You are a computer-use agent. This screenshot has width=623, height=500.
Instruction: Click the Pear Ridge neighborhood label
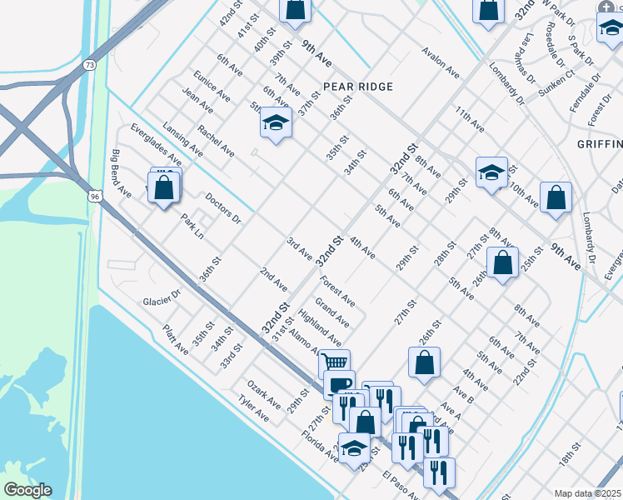(x=357, y=86)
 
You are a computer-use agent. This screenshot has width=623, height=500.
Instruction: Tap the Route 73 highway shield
(x=89, y=64)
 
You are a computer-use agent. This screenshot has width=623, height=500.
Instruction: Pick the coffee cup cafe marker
(x=339, y=384)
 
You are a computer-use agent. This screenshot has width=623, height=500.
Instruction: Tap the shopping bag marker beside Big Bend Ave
(x=165, y=187)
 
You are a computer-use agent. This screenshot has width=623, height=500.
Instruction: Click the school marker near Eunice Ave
(x=276, y=124)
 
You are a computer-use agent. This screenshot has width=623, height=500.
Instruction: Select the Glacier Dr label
(x=162, y=298)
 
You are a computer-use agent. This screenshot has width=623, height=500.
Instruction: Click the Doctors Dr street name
(x=222, y=208)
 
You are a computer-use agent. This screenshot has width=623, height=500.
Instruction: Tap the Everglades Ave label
(x=156, y=144)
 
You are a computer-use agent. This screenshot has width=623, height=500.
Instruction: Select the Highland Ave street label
(x=320, y=328)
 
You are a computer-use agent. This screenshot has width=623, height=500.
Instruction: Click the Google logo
(x=28, y=490)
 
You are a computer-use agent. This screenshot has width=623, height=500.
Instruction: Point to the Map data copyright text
(x=587, y=493)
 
